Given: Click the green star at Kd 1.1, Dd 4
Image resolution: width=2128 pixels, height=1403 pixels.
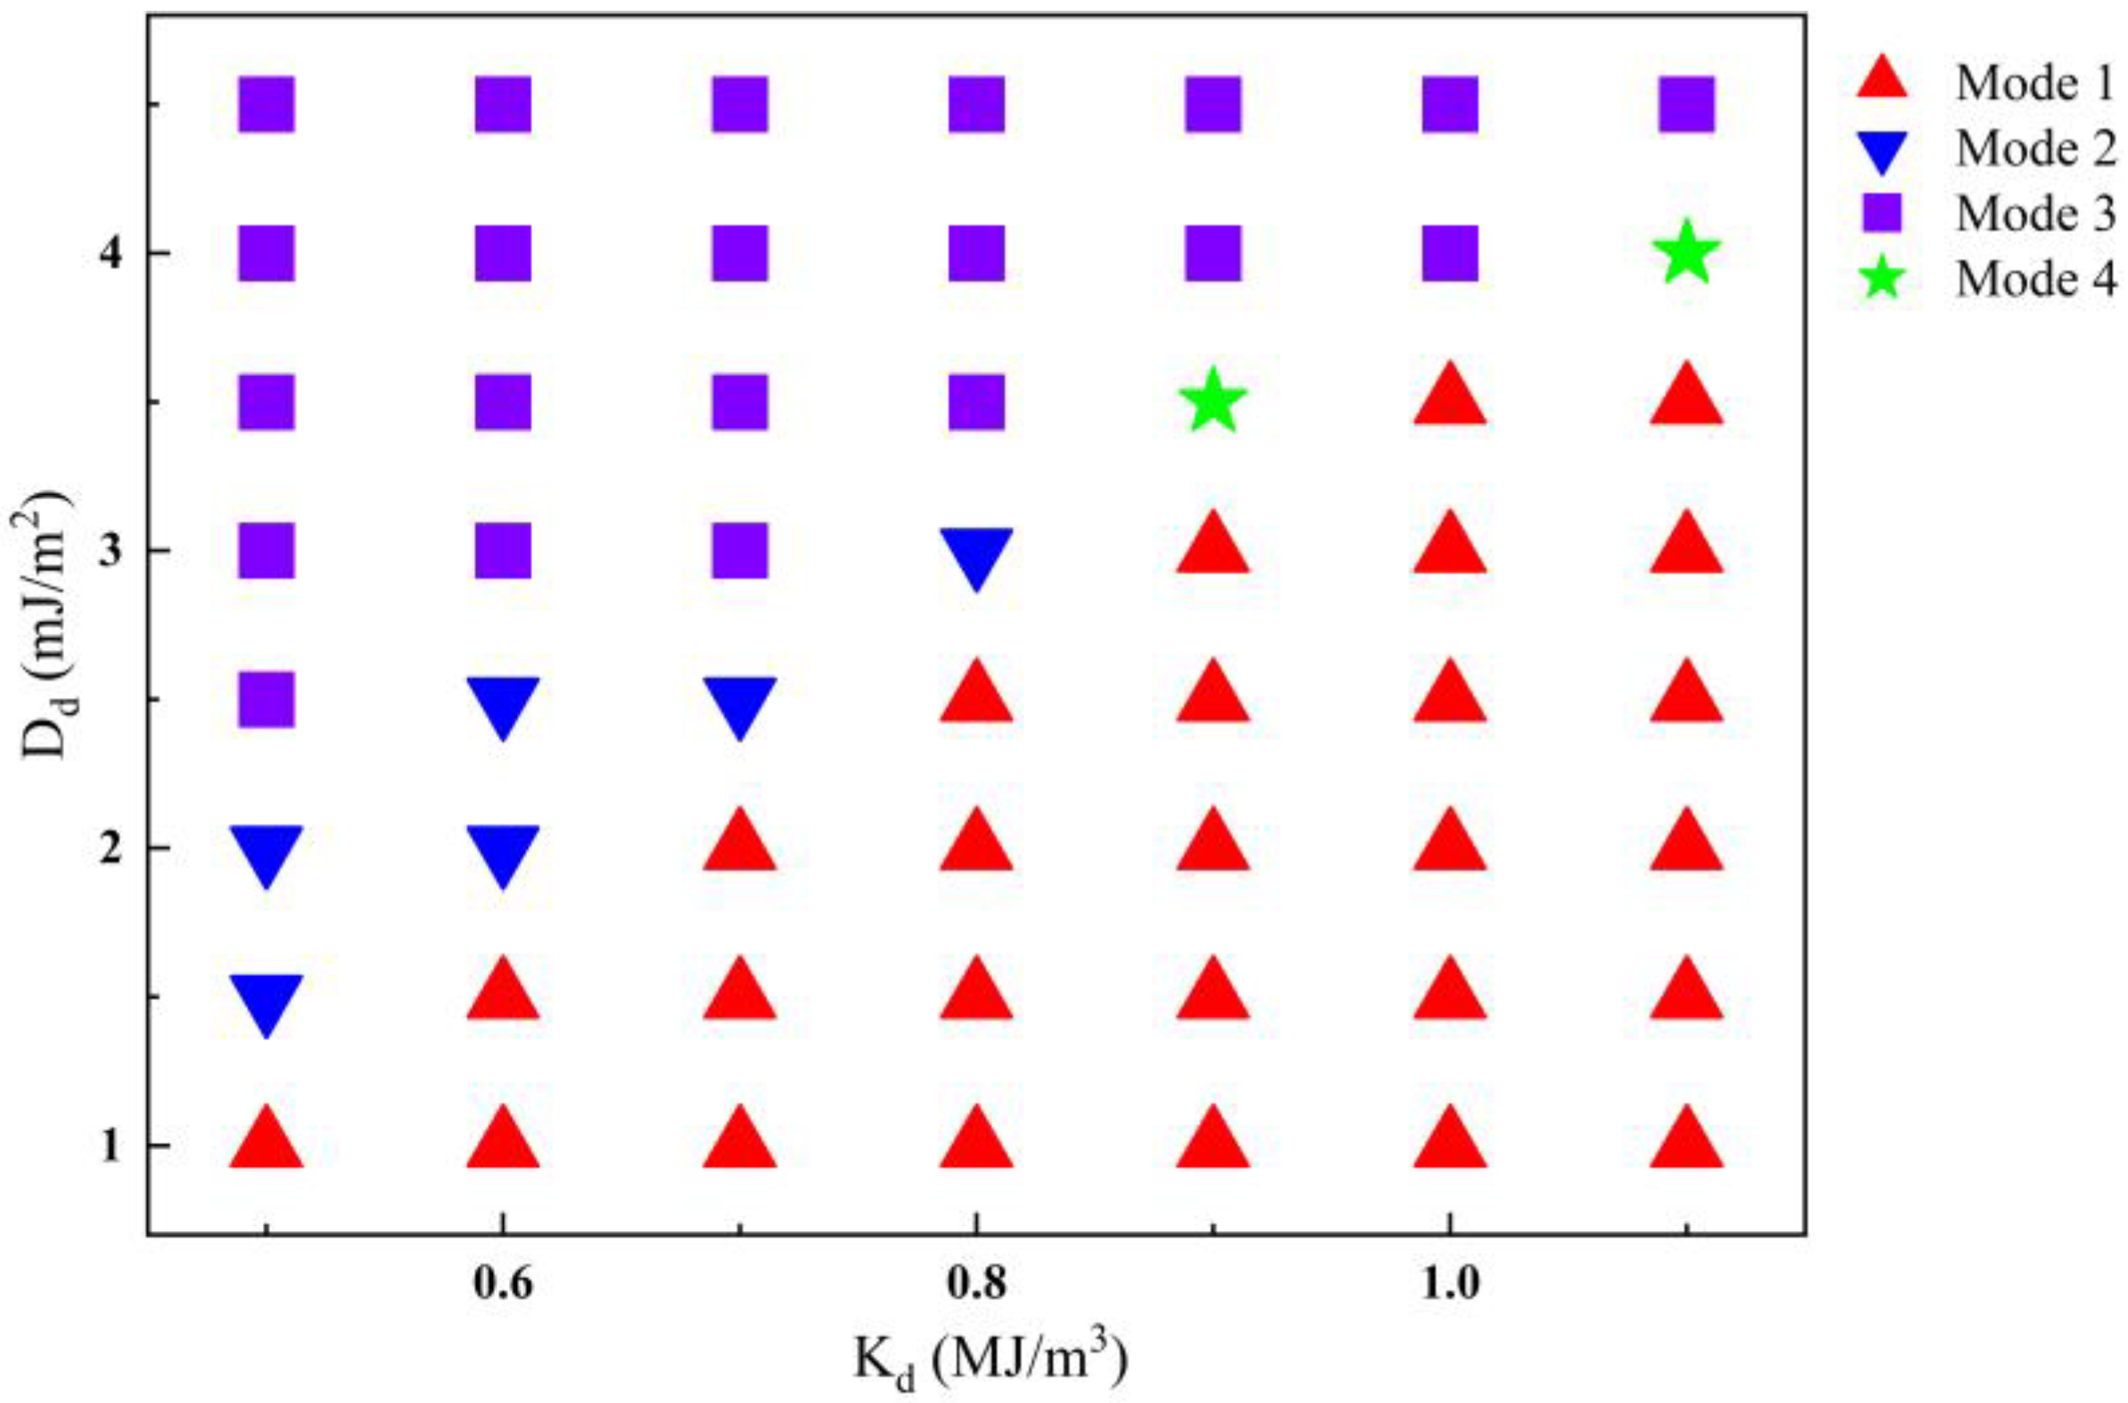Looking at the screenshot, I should pyautogui.click(x=1686, y=253).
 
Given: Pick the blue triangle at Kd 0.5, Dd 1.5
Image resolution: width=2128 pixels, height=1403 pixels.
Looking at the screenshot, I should pyautogui.click(x=266, y=1001).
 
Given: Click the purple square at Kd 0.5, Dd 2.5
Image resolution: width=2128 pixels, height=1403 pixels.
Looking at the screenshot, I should pyautogui.click(x=266, y=699).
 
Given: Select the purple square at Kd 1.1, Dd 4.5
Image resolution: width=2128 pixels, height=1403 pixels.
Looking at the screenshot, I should pyautogui.click(x=1686, y=103).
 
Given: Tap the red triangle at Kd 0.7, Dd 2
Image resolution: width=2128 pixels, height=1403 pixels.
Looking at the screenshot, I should pyautogui.click(x=739, y=843).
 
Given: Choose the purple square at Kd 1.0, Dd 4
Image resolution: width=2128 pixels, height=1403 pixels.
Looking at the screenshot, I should pyautogui.click(x=1450, y=253).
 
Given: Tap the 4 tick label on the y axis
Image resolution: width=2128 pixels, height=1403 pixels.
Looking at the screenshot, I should pyautogui.click(x=110, y=253).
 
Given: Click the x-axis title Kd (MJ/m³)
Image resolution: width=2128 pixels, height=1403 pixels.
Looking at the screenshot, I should pyautogui.click(x=989, y=1365).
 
